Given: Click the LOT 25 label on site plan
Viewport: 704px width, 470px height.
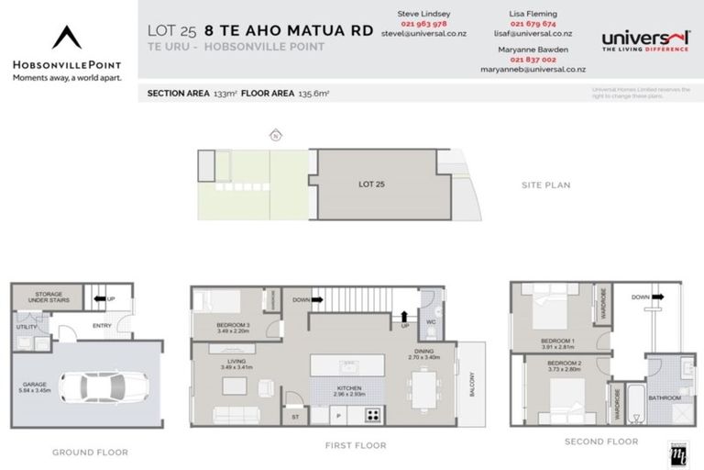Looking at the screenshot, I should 370,185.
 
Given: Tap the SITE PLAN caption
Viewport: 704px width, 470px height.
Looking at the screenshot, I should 544,185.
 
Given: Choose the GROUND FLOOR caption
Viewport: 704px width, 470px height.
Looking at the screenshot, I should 90,452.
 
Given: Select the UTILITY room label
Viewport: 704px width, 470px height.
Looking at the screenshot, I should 27,326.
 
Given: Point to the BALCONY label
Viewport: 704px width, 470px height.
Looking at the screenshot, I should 473,383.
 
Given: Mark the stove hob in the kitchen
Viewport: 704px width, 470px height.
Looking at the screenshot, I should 373,414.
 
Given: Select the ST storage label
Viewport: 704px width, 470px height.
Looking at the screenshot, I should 295,416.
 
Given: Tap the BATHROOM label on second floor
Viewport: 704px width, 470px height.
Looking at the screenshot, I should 665,397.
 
